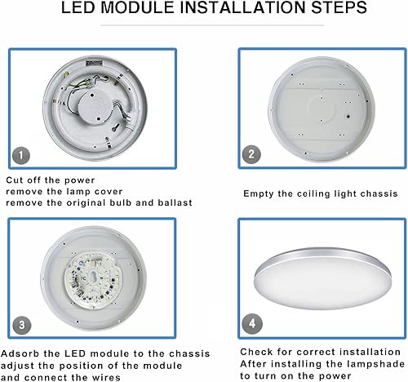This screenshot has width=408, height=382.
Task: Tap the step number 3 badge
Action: pyautogui.click(x=21, y=323)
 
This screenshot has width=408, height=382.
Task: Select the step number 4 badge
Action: pyautogui.click(x=251, y=322)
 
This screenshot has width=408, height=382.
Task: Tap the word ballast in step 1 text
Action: pyautogui.click(x=174, y=202)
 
